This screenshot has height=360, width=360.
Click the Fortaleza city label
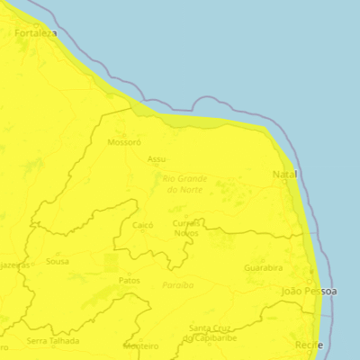tap(35, 33)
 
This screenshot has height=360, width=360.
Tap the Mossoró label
tap(124, 142)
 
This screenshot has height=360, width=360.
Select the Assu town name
tap(157, 159)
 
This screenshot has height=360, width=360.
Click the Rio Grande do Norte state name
tap(184, 183)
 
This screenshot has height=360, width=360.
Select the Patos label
tap(130, 281)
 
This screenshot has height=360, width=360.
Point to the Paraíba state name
tap(177, 284)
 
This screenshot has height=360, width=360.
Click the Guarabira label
tap(262, 267)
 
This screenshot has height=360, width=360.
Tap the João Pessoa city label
tap(309, 292)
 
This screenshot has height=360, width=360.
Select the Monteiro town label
tap(140, 346)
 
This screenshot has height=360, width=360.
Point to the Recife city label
tap(307, 345)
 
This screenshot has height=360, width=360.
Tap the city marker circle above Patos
tap(130, 273)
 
